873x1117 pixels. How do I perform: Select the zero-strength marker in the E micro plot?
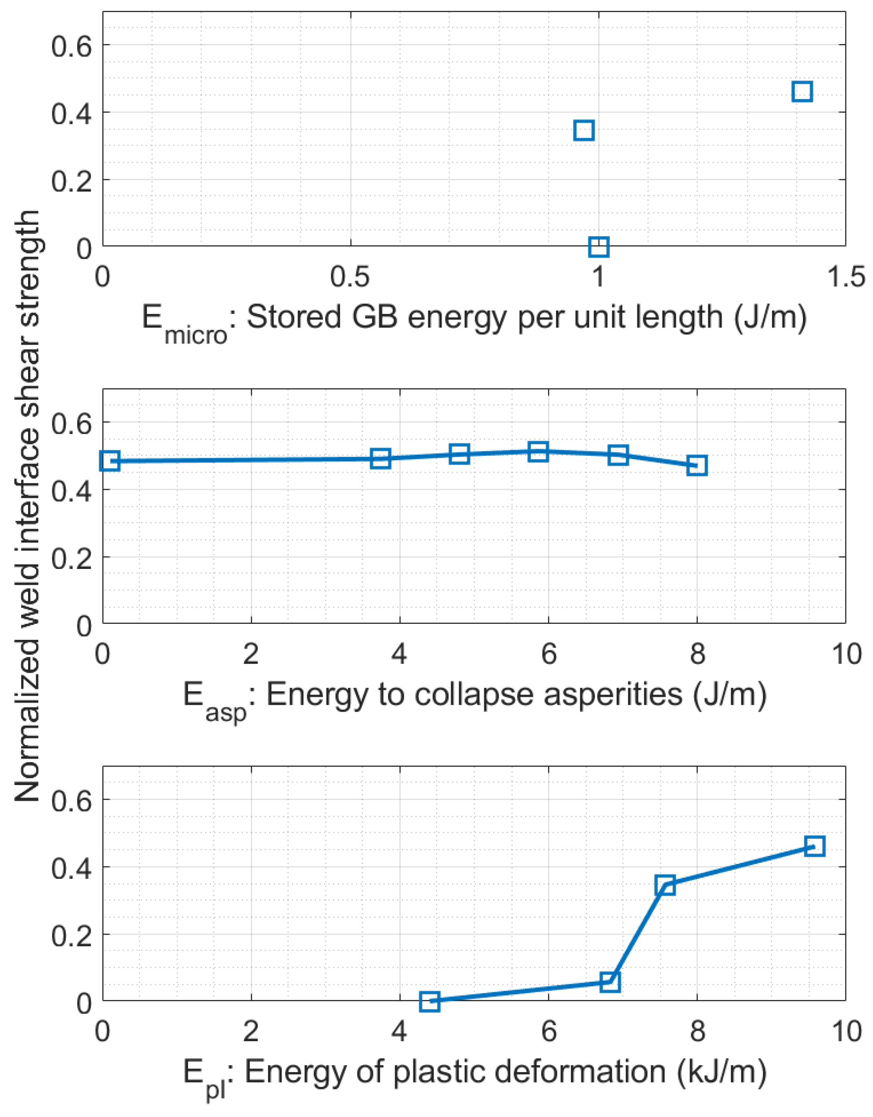click(x=599, y=247)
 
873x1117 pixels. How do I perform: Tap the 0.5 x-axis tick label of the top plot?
click(x=350, y=277)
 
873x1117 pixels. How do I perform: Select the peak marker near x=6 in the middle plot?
click(x=538, y=451)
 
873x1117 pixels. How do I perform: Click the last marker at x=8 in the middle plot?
click(x=697, y=465)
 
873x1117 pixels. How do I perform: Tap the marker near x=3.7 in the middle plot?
click(x=381, y=458)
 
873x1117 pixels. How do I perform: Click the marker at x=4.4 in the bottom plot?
click(x=430, y=1002)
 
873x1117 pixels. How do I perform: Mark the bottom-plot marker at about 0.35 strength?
click(x=665, y=885)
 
